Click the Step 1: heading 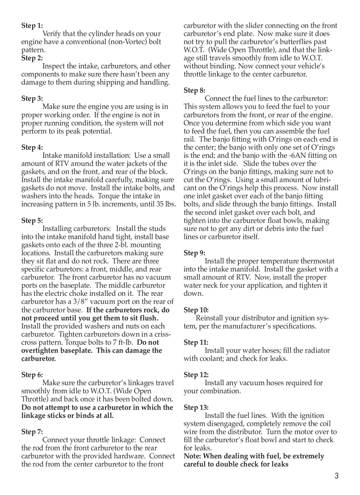32,26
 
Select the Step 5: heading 32,220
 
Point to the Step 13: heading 196,407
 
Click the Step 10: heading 196,310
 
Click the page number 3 336,476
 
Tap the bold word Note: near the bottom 193,456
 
